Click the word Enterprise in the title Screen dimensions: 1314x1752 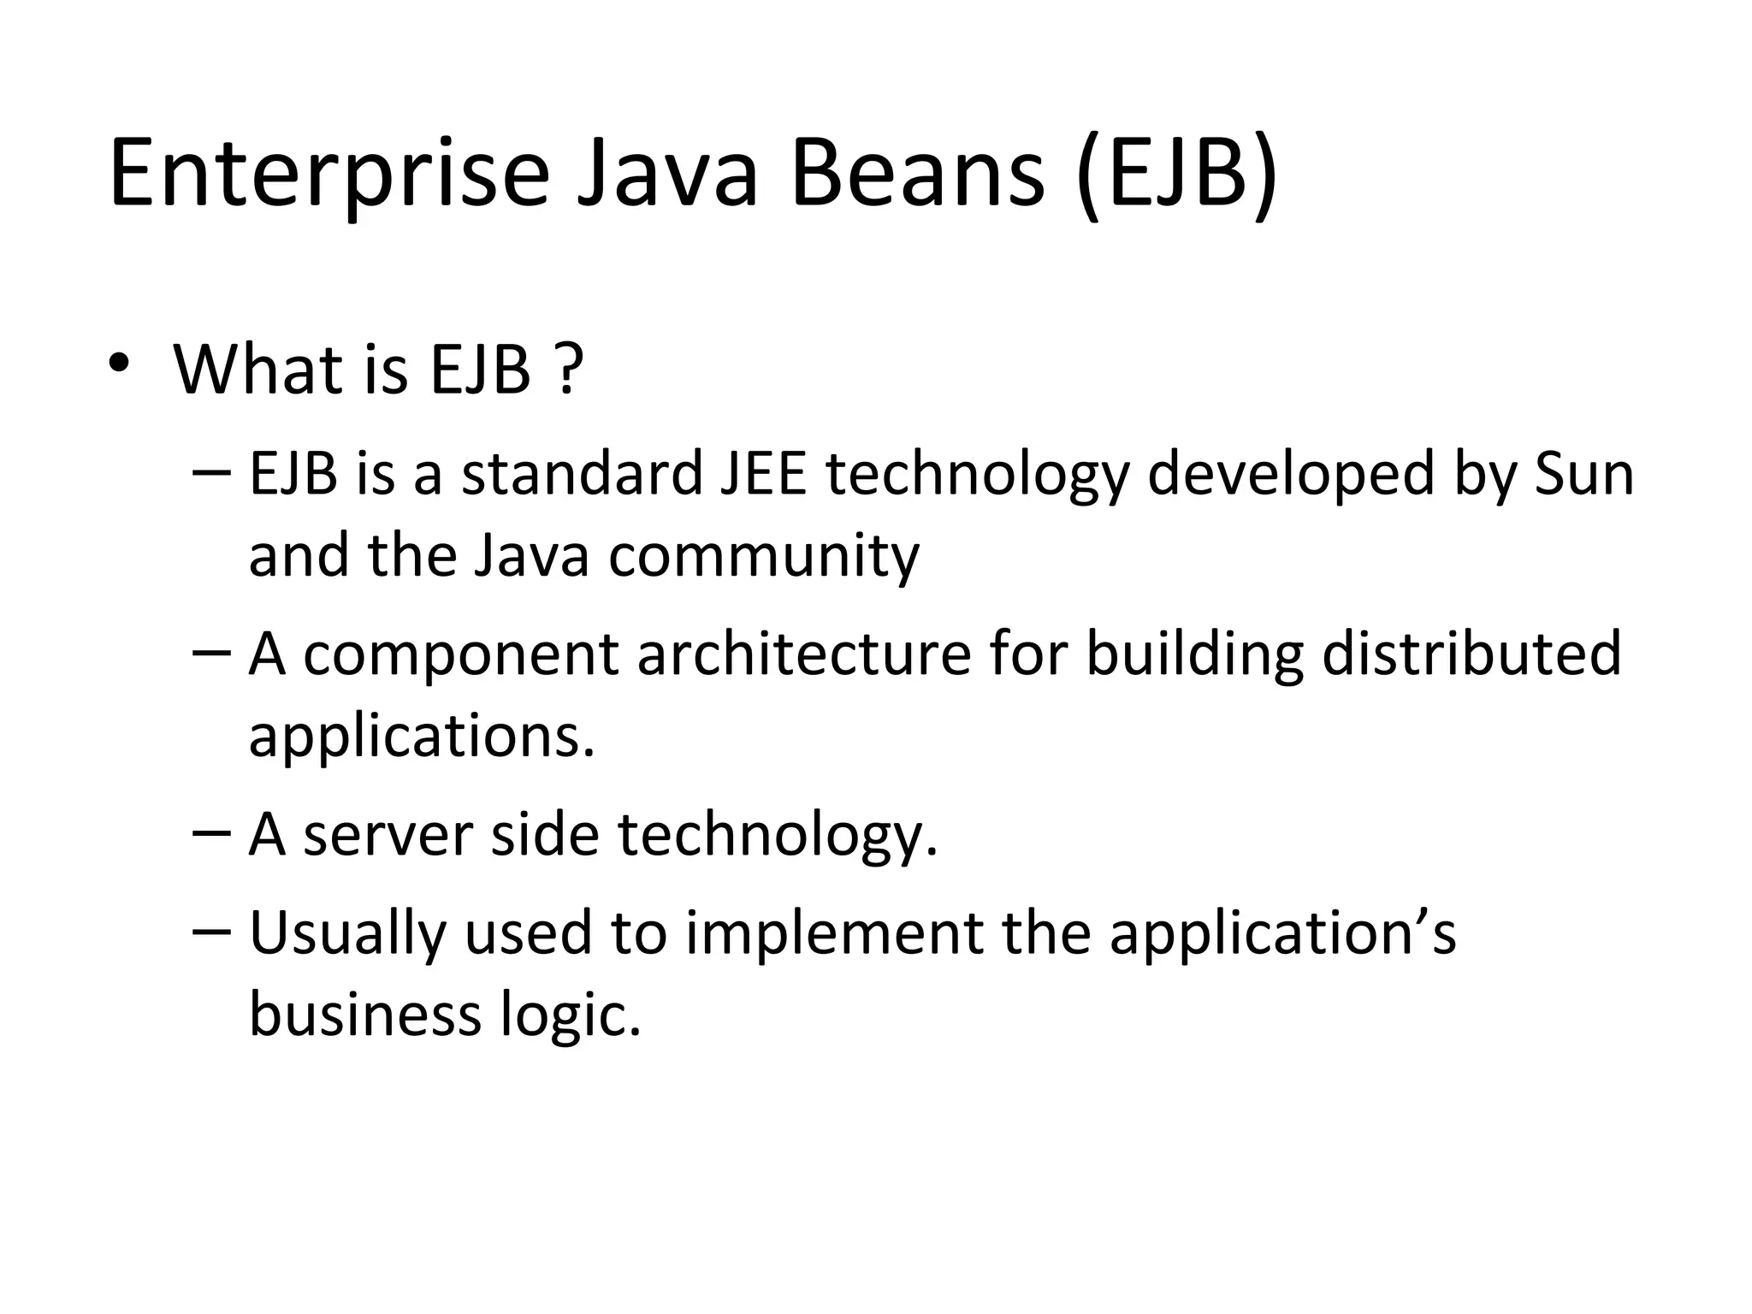328,175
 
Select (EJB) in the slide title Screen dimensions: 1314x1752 1177,175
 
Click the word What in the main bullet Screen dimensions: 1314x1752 263,370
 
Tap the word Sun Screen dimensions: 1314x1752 1584,474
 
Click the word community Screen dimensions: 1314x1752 764,556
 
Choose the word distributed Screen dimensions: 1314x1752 1471,654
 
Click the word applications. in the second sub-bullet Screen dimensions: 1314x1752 421,736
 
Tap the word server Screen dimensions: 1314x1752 388,835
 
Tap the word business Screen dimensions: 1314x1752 364,1015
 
